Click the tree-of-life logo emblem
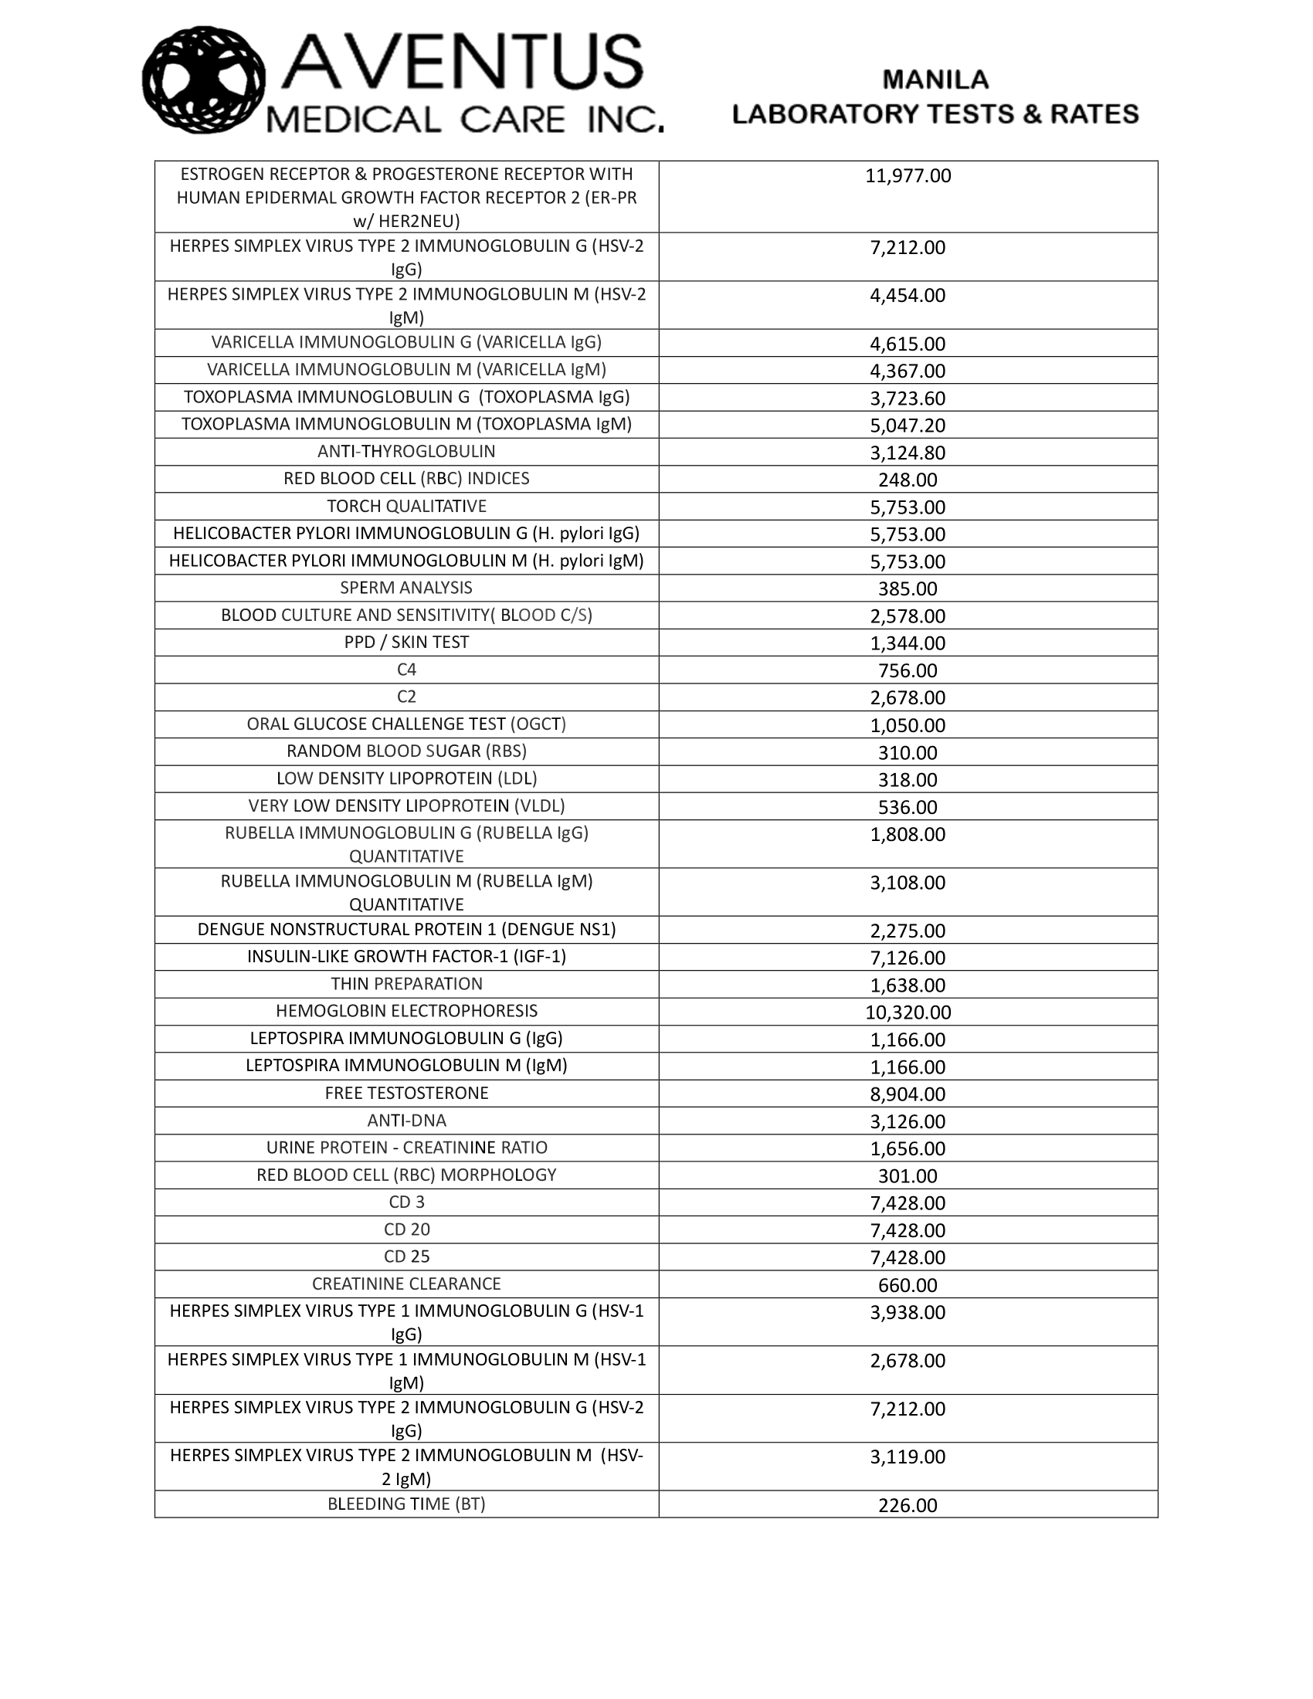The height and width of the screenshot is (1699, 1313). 204,80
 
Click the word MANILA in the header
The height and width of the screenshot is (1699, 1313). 935,80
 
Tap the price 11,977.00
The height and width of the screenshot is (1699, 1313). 908,176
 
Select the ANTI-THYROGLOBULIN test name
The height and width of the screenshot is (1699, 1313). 406,451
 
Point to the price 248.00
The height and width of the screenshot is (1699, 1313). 908,480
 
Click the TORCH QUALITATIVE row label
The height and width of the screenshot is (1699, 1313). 406,507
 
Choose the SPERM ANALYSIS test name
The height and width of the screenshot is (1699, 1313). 406,588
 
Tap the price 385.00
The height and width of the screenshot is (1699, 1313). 908,589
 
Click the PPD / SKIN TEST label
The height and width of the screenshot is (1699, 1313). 406,643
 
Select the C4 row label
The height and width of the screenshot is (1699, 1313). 406,670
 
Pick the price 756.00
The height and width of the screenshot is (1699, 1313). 908,670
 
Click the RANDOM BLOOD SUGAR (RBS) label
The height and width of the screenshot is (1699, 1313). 406,751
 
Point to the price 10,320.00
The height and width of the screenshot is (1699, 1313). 908,1012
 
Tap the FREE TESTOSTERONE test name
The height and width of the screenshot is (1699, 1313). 406,1093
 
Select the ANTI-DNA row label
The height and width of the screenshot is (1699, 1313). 406,1121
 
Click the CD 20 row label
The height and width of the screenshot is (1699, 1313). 406,1229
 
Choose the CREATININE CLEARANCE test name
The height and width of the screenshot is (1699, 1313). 406,1284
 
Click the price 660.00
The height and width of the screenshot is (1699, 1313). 908,1285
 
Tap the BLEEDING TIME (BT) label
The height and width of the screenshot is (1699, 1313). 406,1504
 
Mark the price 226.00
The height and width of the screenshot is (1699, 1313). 908,1505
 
